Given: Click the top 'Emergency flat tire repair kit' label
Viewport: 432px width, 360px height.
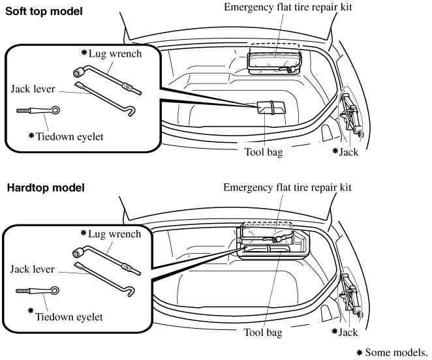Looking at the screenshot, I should point(288,7).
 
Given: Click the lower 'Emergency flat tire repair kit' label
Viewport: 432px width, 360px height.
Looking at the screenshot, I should point(288,187).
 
